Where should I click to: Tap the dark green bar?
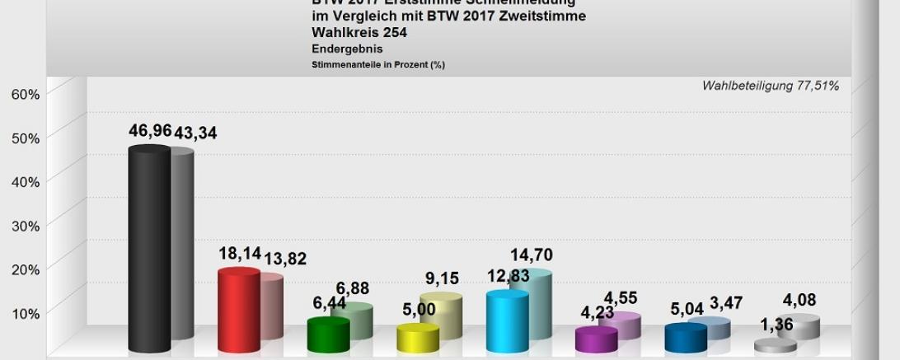[328, 334]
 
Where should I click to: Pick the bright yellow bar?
[418, 337]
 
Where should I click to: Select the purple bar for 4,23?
[596, 339]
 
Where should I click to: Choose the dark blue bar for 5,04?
[686, 337]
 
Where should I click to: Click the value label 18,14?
[239, 254]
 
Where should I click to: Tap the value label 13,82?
[284, 259]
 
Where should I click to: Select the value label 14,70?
[532, 255]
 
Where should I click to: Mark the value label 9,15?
[442, 278]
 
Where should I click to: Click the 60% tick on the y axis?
[26, 94]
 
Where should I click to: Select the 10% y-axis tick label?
[26, 313]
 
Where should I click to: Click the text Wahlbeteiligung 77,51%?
[770, 86]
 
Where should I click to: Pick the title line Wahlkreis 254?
[359, 33]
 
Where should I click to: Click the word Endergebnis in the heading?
[346, 49]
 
